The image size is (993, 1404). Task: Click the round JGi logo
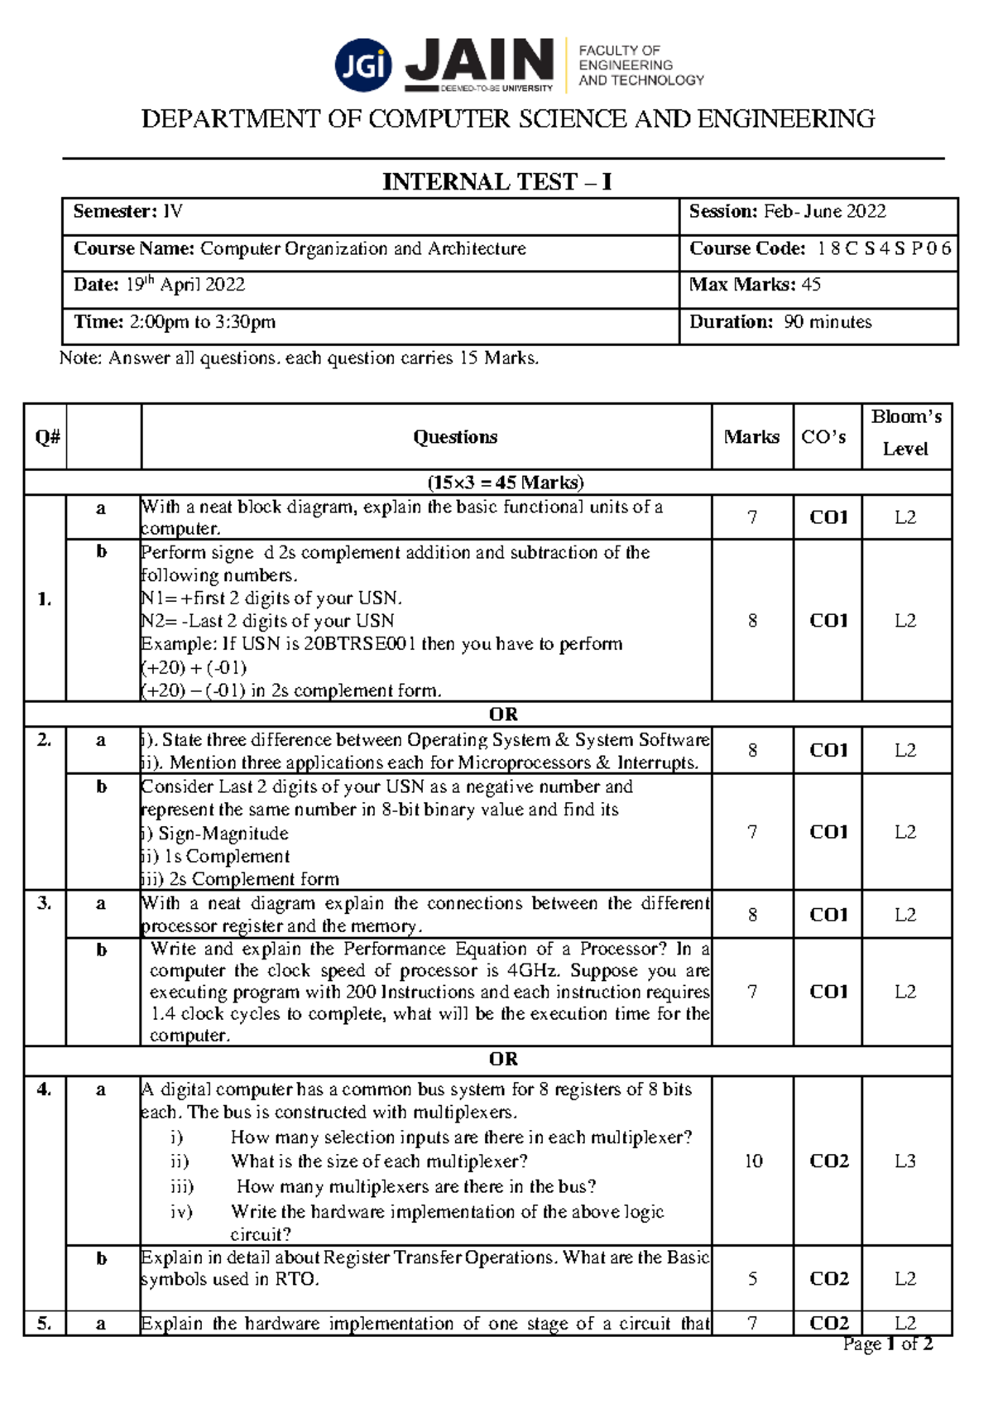coord(363,65)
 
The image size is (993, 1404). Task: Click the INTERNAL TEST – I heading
coord(496,182)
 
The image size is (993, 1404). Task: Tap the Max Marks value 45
coord(811,285)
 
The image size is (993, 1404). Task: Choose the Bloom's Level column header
coord(906,433)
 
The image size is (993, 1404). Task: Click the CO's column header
coord(823,437)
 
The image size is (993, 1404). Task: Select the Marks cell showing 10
coord(753,1161)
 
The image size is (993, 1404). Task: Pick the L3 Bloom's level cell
coord(905,1161)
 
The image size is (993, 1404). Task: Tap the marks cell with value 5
coord(752,1279)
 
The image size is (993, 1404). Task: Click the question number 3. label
coord(45,903)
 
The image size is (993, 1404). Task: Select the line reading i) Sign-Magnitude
coord(215,834)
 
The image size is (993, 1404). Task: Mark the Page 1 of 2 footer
coord(887,1344)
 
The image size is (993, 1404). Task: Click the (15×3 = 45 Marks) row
coord(505,483)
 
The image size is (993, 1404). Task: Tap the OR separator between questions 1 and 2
coord(503,714)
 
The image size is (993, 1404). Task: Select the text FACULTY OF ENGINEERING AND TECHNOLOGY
coord(640,65)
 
